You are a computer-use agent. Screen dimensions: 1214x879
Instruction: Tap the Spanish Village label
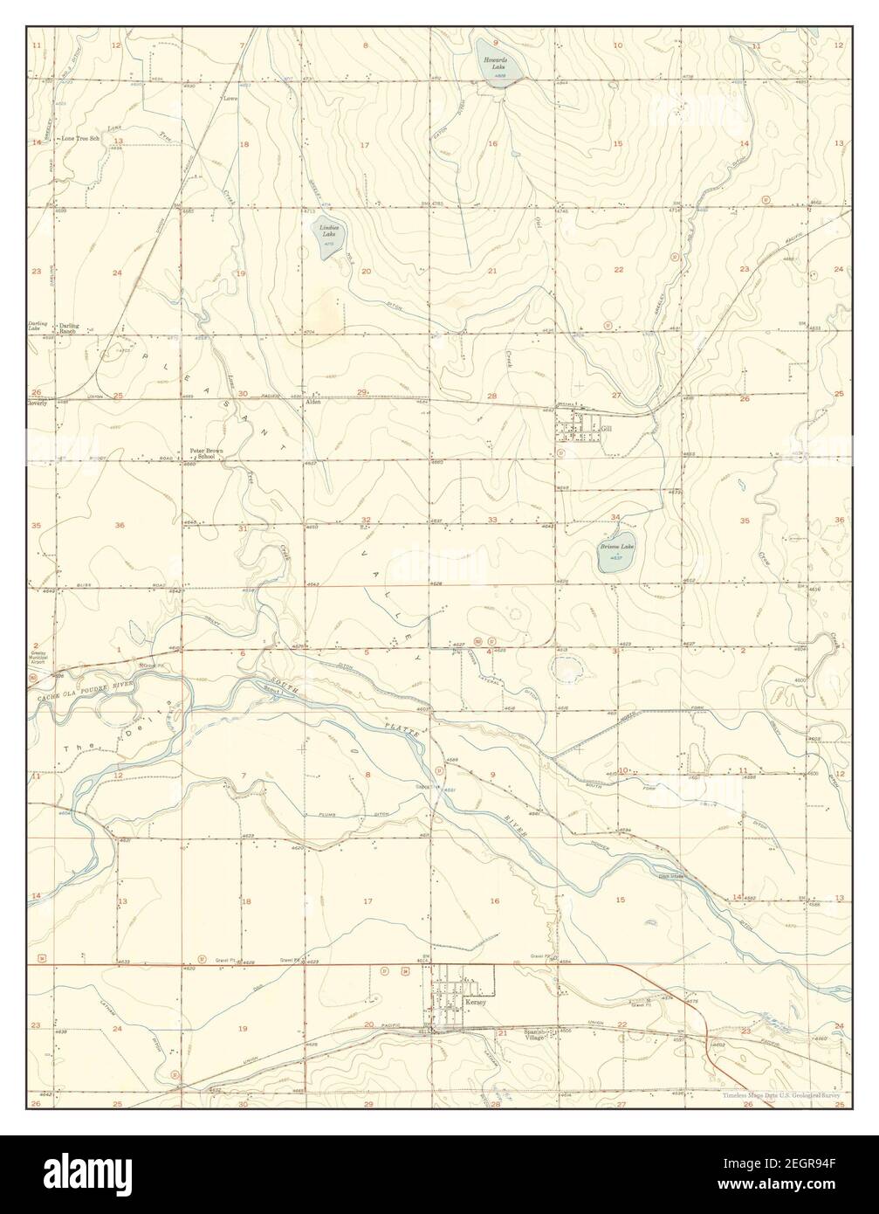click(x=535, y=1035)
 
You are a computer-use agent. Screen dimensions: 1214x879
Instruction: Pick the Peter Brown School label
click(x=207, y=453)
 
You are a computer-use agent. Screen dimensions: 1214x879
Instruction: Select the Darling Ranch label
click(x=69, y=329)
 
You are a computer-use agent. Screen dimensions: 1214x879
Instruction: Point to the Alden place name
click(x=312, y=402)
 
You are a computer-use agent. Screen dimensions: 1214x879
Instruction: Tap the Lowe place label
click(x=230, y=99)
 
